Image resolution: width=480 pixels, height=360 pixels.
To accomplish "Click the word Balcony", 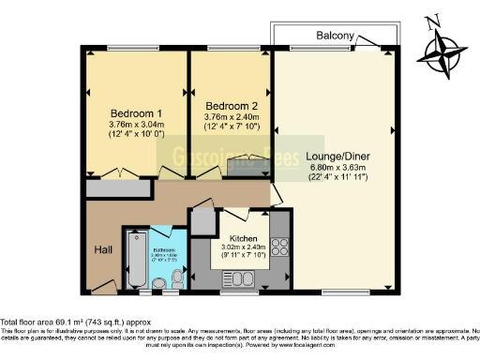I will (x=335, y=37).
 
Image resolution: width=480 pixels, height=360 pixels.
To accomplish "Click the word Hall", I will (x=102, y=250).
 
